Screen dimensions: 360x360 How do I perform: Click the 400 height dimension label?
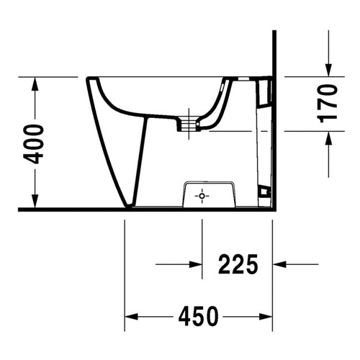pyautogui.click(x=34, y=144)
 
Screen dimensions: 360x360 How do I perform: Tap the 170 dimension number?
pyautogui.click(x=327, y=103)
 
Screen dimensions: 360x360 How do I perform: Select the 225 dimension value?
pyautogui.click(x=238, y=264)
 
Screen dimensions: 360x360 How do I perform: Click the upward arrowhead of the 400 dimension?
pyautogui.click(x=35, y=84)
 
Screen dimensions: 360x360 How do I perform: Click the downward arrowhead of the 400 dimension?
pyautogui.click(x=35, y=201)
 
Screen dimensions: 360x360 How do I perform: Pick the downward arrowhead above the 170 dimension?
pyautogui.click(x=329, y=70)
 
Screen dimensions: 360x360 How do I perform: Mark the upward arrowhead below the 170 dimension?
pyautogui.click(x=329, y=138)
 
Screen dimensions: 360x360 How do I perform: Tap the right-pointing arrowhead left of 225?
pyautogui.click(x=195, y=264)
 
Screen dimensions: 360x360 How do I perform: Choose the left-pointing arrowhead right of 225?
pyautogui.click(x=279, y=264)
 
